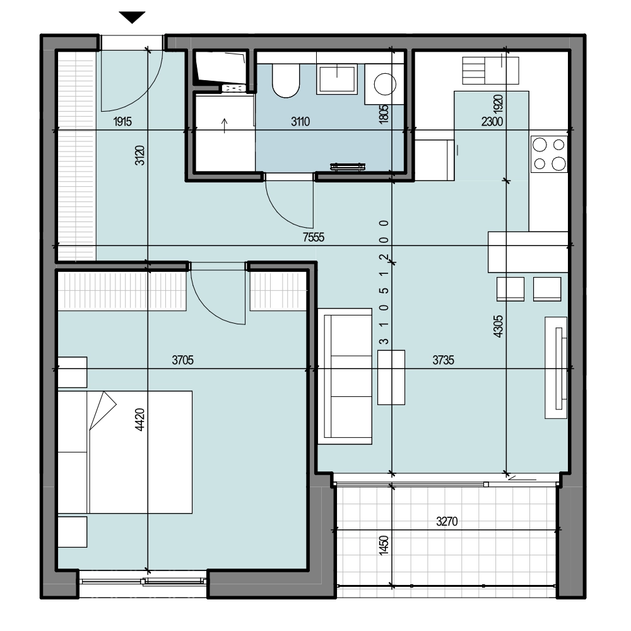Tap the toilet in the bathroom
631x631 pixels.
tap(286, 81)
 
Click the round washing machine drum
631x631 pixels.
tap(385, 84)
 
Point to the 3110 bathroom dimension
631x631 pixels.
tap(300, 121)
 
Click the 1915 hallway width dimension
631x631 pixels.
tap(122, 121)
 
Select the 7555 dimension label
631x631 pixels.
tap(314, 237)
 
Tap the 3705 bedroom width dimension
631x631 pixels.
tap(183, 360)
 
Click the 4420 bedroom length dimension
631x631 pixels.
tap(139, 420)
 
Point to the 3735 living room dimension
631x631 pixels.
tap(443, 360)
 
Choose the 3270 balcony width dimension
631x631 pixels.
tap(447, 522)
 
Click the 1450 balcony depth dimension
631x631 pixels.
tap(384, 545)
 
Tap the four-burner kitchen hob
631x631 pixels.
tap(549, 154)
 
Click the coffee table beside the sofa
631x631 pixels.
tap(391, 377)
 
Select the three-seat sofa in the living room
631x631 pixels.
tap(345, 376)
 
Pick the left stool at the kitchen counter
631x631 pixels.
tap(510, 289)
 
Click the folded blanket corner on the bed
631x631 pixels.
tap(103, 410)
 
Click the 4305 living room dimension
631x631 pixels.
tap(498, 326)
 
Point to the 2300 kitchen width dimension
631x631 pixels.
tap(492, 121)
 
